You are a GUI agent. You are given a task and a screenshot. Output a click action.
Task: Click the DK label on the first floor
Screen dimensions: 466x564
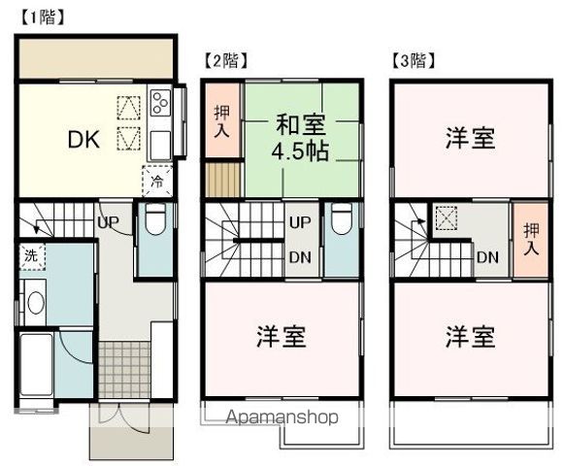click(83, 138)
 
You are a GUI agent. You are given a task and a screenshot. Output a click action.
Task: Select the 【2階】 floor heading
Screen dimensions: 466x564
click(224, 60)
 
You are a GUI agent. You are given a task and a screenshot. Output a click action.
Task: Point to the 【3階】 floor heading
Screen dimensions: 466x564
click(413, 60)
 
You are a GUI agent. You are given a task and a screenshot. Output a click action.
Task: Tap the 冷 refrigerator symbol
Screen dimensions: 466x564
click(156, 182)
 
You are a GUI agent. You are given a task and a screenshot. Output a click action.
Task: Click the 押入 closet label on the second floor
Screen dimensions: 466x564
click(221, 122)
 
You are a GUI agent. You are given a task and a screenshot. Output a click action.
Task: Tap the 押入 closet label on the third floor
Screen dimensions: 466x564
click(530, 240)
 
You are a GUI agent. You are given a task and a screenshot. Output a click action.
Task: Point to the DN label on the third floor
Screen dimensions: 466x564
click(487, 257)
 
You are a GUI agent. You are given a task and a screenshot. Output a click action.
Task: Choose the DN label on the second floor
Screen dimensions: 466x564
click(300, 257)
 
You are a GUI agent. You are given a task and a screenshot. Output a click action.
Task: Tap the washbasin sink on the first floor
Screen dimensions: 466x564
click(34, 303)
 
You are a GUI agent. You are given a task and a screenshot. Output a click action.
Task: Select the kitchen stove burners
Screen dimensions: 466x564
click(160, 102)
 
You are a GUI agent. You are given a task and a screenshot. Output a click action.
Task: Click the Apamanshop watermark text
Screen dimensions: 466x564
click(282, 418)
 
